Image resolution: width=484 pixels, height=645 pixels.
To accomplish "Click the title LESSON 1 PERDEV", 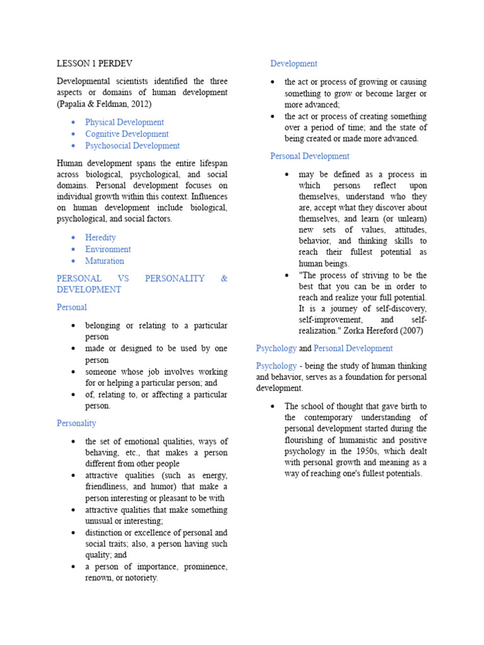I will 95,64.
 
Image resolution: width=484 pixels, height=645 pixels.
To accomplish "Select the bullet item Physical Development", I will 124,122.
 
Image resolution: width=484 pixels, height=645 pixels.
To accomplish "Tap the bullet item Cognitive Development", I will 127,134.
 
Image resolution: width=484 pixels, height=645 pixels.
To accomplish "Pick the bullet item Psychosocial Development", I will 132,146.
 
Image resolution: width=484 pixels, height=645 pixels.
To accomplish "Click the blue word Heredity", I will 101,237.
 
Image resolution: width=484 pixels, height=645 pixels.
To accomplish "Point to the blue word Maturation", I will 105,261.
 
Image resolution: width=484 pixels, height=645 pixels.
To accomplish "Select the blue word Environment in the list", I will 108,249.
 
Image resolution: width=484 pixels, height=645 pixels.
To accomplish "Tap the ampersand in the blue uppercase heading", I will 224,278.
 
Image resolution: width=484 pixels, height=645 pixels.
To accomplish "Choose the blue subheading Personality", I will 76,423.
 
